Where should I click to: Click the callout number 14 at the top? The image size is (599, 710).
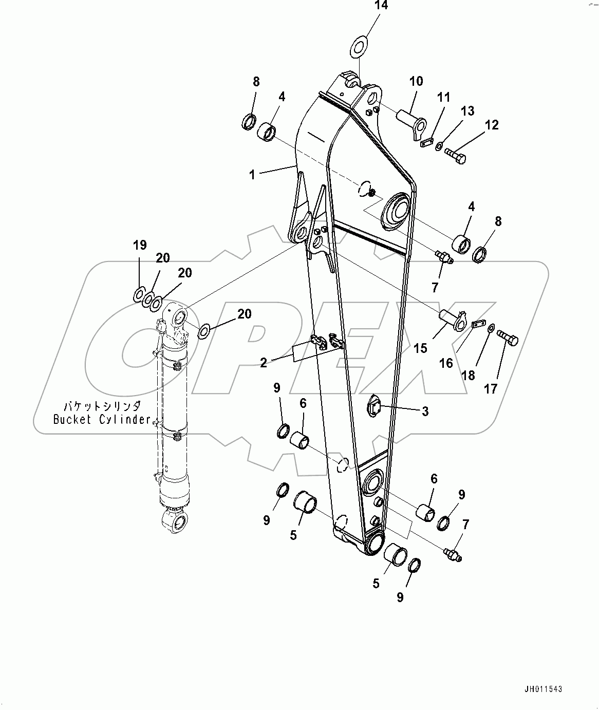[381, 6]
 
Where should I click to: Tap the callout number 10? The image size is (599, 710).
[416, 81]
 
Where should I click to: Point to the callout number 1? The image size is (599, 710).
[252, 175]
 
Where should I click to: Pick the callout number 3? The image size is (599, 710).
[425, 411]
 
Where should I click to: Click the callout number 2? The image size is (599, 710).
[263, 363]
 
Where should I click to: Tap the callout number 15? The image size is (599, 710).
[420, 348]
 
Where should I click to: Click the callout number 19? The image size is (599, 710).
[140, 245]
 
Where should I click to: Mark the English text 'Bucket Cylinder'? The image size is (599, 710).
[102, 420]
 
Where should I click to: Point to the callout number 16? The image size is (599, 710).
[446, 363]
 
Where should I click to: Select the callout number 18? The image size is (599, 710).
[468, 376]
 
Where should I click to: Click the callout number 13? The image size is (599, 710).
[467, 111]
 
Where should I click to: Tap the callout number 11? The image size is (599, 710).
[443, 97]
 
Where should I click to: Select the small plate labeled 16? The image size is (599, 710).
[478, 324]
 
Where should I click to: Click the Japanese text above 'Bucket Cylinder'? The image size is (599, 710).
[102, 405]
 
